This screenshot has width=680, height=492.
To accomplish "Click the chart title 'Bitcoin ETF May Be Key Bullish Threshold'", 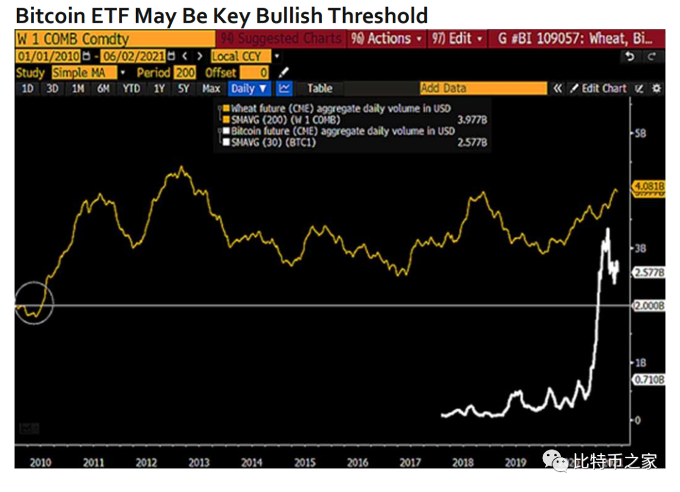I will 222,14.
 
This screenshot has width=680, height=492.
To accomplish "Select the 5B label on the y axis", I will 640,134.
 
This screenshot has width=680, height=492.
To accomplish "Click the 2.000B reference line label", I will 649,306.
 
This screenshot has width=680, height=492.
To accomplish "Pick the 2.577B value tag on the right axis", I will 649,273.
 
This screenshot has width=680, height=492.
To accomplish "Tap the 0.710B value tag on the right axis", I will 649,380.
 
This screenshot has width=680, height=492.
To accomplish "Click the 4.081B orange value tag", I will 649,187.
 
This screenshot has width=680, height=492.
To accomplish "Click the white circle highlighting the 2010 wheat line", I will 34,304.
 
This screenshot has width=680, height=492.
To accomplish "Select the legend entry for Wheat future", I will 340,108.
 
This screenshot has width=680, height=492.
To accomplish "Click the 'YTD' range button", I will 131,89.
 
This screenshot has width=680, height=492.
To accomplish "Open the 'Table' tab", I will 320,89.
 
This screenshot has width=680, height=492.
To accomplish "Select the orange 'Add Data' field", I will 483,89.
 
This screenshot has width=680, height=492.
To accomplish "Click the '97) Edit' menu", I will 458,38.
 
